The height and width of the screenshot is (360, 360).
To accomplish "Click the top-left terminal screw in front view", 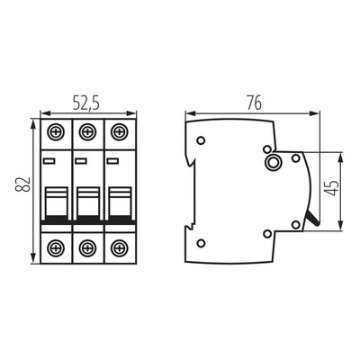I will coord(56,131).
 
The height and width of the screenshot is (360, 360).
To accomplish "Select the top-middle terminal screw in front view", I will coord(86,131).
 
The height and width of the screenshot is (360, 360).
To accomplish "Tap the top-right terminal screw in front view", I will coord(117,131).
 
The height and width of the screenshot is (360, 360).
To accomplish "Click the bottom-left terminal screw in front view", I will coord(56,247).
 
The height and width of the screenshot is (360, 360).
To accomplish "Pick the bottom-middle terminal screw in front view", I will coord(86,247).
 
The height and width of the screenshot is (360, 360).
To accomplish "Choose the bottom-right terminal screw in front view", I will coord(117,247).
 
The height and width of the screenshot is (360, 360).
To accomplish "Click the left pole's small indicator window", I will coord(50,162).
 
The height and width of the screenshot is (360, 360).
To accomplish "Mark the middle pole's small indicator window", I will coord(81,162).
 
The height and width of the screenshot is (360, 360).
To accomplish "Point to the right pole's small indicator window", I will coord(112,162).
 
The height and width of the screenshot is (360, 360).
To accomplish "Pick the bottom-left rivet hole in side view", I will coord(201,241).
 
